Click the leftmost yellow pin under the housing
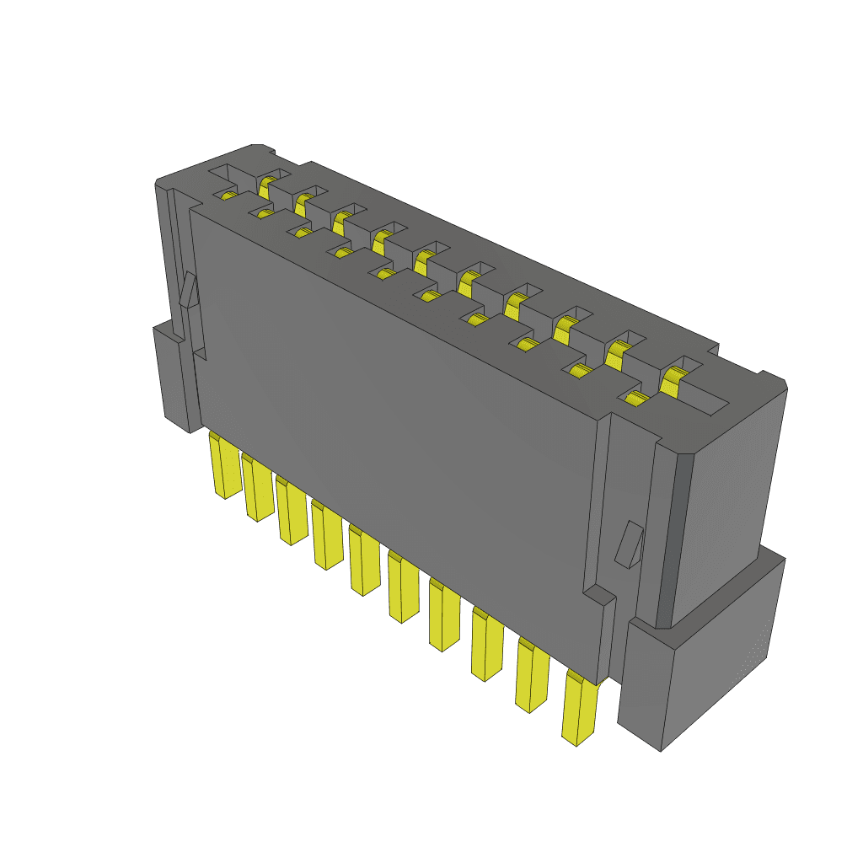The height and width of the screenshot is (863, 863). click(224, 468)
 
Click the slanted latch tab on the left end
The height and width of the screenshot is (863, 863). click(187, 291)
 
